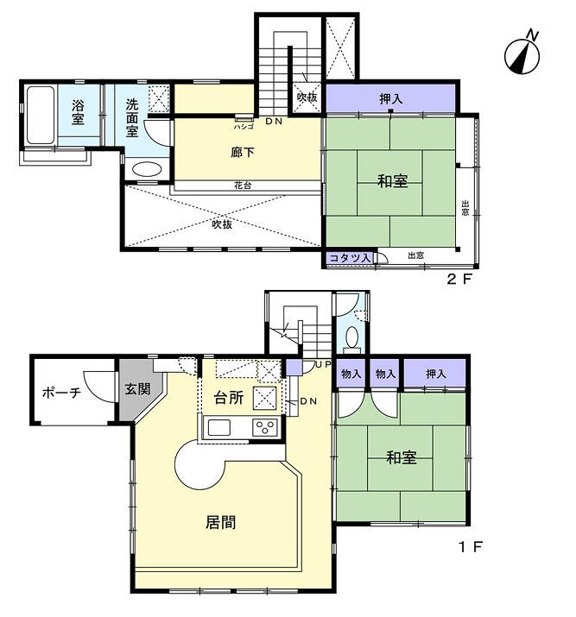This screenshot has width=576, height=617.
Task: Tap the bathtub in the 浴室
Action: click(x=41, y=115)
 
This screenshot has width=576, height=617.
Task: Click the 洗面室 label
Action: click(x=132, y=117)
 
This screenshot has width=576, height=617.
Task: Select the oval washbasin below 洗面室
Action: click(x=147, y=170)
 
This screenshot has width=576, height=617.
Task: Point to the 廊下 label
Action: click(x=243, y=152)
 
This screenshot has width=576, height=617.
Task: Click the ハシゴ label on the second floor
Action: click(x=244, y=127)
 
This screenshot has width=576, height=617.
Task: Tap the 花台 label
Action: click(x=243, y=186)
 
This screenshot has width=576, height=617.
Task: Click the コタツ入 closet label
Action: click(x=350, y=258)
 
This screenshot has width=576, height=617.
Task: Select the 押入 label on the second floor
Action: click(x=391, y=98)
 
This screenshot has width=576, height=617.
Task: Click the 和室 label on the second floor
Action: click(x=392, y=181)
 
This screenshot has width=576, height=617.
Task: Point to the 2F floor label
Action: click(x=459, y=279)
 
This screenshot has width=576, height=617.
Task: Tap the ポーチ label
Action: click(x=61, y=393)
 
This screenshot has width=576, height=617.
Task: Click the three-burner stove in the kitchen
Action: click(x=265, y=427)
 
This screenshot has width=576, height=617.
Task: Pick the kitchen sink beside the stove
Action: click(x=218, y=427)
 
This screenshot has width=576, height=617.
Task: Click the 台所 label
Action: click(x=228, y=398)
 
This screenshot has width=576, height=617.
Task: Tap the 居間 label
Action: click(x=221, y=522)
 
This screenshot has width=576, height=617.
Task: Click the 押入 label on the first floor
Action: click(x=435, y=374)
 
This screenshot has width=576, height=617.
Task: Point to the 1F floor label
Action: click(x=471, y=546)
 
